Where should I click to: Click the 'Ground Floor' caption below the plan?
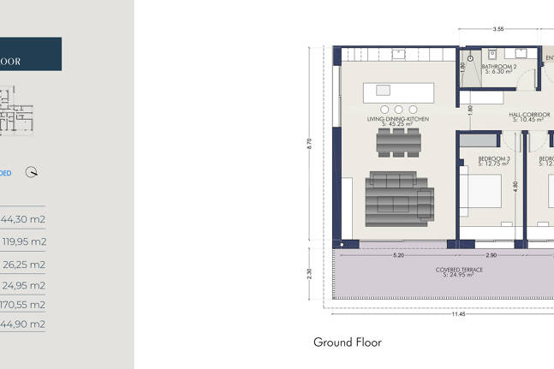(348, 342)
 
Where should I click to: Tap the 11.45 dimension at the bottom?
(458, 314)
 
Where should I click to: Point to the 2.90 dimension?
(491, 255)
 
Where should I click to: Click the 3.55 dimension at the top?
(498, 30)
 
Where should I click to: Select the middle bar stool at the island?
(398, 109)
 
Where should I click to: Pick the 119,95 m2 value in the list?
(23, 241)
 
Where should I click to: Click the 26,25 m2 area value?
(23, 265)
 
